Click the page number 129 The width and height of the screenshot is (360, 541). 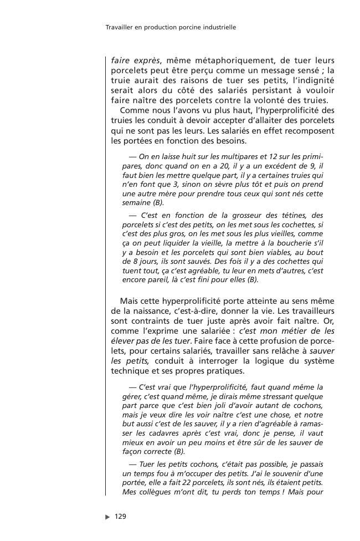(120, 517)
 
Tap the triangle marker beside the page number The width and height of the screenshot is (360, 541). (107, 517)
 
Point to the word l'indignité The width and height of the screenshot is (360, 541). (312, 80)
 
